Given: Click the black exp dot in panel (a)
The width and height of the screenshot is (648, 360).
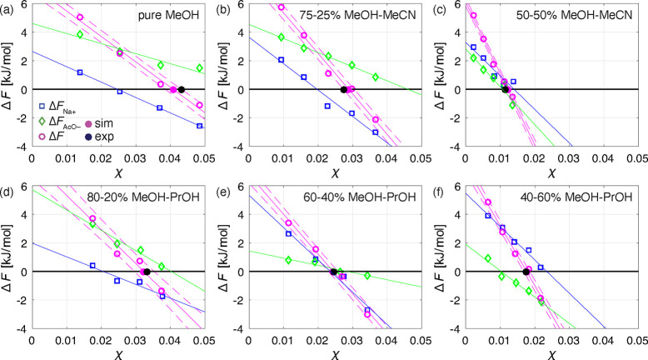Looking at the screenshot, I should (x=181, y=89).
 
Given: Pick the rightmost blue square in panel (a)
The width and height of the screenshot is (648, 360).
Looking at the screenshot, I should (x=199, y=126).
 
